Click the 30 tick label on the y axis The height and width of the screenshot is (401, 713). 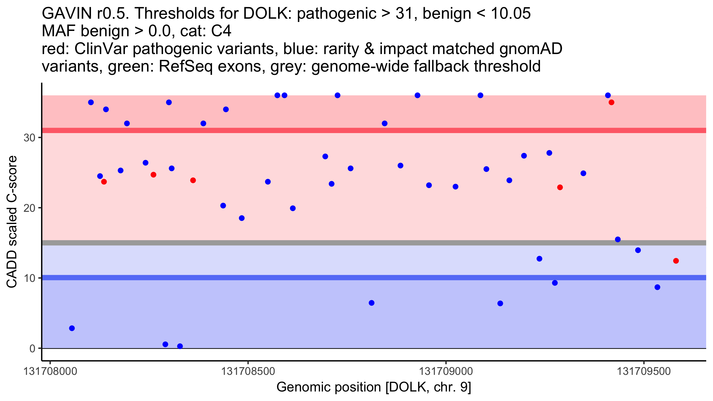pyautogui.click(x=29, y=138)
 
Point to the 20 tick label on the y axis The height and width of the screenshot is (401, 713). pyautogui.click(x=29, y=208)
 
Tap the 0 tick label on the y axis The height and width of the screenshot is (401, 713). pyautogui.click(x=32, y=348)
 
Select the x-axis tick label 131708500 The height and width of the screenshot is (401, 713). pyautogui.click(x=248, y=372)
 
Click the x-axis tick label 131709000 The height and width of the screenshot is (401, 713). pyautogui.click(x=446, y=372)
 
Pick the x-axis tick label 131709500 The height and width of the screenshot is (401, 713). pyautogui.click(x=644, y=372)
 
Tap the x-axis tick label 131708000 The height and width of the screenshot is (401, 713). pyautogui.click(x=50, y=372)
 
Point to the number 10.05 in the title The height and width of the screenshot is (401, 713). pyautogui.click(x=511, y=13)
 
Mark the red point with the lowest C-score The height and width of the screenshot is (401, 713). pyautogui.click(x=676, y=261)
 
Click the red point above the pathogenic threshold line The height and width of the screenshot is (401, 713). pyautogui.click(x=611, y=102)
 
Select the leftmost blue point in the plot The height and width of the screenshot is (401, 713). pyautogui.click(x=72, y=328)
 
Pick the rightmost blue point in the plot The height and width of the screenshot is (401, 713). pyautogui.click(x=657, y=287)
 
